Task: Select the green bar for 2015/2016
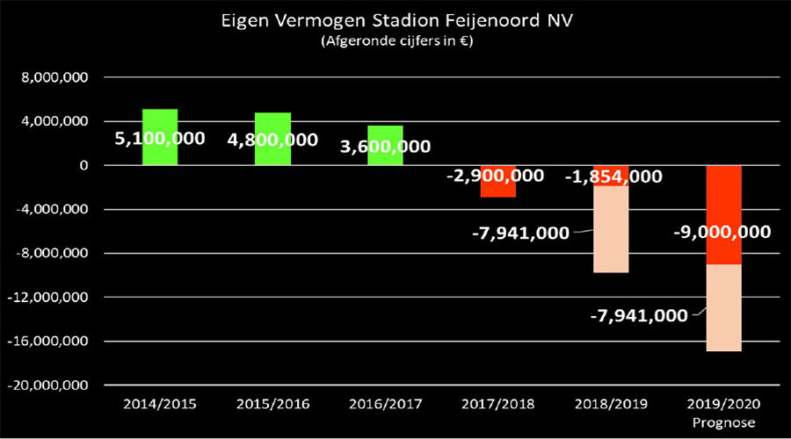point(272,123)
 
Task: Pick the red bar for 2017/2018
point(498,190)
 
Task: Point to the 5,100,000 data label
point(160,139)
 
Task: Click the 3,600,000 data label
point(385,146)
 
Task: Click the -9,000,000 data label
point(722,233)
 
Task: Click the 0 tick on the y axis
point(84,165)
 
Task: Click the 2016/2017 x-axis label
point(385,406)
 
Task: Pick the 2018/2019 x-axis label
point(611,406)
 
